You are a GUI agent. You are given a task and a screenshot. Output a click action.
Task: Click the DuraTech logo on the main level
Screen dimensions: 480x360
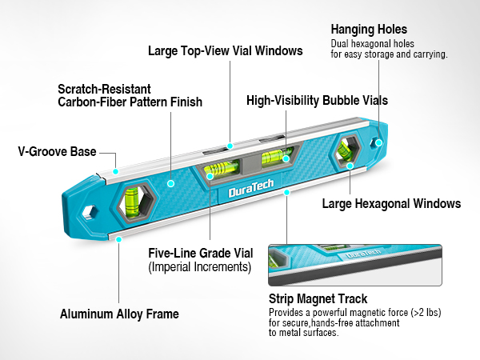point(251,188)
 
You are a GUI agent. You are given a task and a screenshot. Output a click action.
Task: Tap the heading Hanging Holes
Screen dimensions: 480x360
point(369,30)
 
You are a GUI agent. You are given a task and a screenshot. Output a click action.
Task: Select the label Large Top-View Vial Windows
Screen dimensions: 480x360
point(226,51)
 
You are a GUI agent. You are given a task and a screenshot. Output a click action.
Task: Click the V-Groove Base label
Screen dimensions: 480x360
point(58,151)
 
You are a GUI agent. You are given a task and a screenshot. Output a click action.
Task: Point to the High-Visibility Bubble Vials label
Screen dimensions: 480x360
point(317,101)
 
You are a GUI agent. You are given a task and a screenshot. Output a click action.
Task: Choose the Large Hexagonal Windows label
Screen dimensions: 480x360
point(391,203)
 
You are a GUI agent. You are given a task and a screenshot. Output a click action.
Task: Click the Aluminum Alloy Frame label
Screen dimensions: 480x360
point(119,314)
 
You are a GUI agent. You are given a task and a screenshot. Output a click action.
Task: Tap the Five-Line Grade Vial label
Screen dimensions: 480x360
point(201,253)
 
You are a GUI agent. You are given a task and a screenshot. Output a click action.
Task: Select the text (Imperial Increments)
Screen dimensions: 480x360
point(200,267)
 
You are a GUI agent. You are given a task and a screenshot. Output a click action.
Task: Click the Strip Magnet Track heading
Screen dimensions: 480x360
point(318,298)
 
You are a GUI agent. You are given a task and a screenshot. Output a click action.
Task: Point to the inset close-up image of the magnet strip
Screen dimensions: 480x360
point(355,265)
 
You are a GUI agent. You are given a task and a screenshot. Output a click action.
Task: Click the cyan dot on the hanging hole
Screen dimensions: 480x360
point(378,142)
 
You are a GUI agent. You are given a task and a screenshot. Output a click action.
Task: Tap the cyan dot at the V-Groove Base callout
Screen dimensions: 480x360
point(115,171)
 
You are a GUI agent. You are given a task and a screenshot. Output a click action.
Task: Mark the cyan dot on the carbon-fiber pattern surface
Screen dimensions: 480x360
point(171,184)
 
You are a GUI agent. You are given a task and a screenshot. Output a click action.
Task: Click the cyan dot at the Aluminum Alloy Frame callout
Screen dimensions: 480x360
point(118,239)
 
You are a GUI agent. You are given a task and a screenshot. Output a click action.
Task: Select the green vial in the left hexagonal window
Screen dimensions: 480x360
point(132,202)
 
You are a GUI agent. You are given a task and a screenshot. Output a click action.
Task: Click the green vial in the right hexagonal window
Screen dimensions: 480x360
point(344,151)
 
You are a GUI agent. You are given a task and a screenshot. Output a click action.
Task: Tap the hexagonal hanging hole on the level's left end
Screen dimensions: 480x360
point(90,212)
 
